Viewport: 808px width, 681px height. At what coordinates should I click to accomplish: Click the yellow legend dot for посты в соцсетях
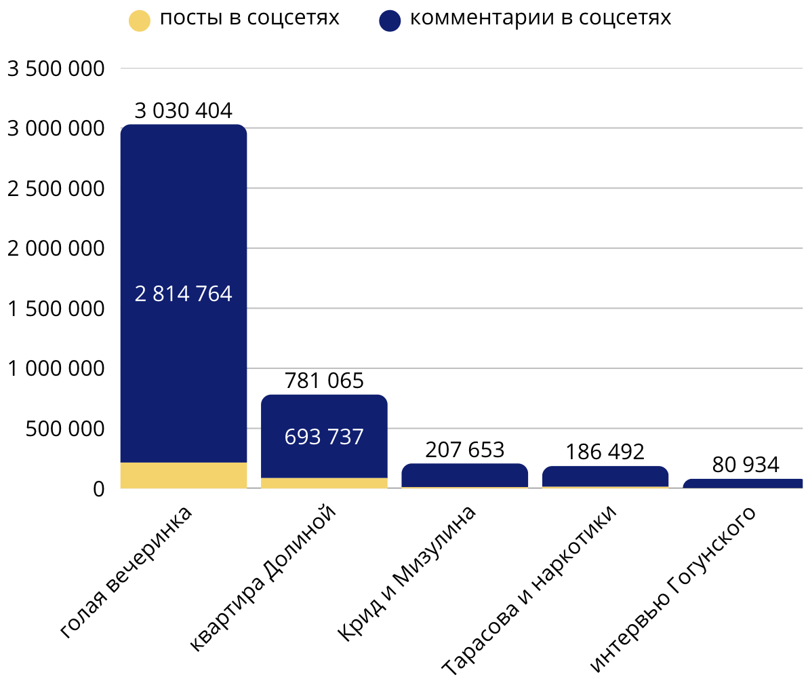tap(139, 20)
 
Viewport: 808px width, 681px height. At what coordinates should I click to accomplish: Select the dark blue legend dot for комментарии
tap(390, 20)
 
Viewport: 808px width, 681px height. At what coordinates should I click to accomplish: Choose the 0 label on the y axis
tap(98, 488)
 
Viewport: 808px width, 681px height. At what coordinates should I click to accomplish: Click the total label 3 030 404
tap(183, 111)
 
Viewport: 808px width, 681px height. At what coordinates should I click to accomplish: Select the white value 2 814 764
tap(183, 294)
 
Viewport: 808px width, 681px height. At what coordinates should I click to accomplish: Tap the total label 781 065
tap(324, 381)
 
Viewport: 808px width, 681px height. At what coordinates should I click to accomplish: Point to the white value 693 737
tap(324, 436)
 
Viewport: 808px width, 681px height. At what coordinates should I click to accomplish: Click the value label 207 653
tap(464, 450)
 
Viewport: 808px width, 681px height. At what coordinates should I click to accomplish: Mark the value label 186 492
tap(605, 452)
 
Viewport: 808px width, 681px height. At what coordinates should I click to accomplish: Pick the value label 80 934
tap(746, 465)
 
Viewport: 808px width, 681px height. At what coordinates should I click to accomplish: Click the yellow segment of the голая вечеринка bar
tap(183, 475)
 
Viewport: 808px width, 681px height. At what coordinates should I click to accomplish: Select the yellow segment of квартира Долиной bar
tap(324, 483)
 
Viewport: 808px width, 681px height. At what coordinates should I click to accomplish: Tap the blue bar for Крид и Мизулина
tap(464, 475)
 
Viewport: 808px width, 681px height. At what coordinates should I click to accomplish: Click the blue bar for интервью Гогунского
tap(743, 484)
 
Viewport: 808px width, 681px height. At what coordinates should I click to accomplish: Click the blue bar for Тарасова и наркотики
tap(605, 476)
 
